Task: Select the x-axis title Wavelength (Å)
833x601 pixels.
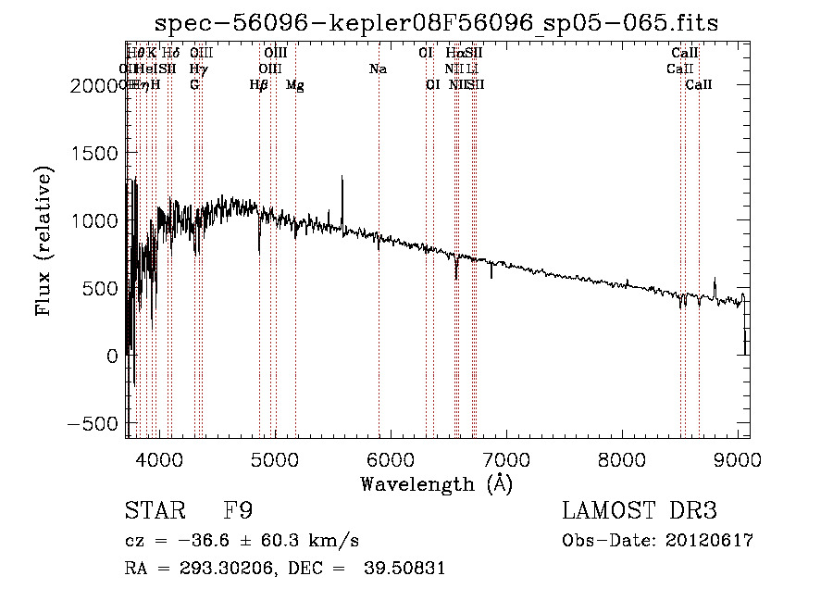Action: pos(436,483)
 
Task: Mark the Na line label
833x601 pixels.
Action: pos(378,69)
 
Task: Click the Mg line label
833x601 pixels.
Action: pos(294,85)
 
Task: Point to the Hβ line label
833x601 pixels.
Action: pos(259,85)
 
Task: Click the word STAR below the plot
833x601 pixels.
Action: pos(155,511)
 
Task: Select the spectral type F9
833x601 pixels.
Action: pos(238,511)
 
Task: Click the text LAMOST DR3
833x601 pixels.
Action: pos(640,511)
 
